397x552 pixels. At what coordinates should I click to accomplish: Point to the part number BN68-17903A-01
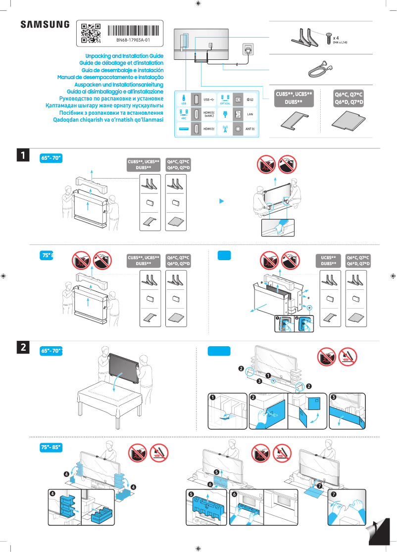(133, 40)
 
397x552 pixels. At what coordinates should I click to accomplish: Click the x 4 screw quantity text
(336, 38)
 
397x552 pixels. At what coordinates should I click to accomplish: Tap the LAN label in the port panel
(250, 114)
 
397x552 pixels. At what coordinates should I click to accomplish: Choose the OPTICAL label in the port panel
(225, 103)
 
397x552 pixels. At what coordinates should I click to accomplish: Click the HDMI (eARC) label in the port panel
(209, 114)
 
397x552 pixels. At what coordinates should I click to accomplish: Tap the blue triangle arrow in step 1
(222, 201)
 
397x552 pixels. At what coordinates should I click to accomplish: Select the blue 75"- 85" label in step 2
(50, 447)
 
